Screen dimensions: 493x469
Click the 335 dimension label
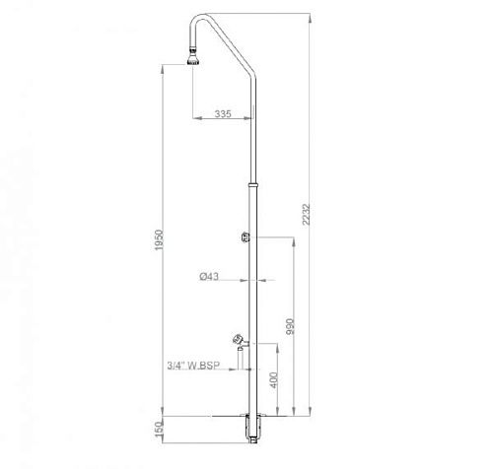pos(223,113)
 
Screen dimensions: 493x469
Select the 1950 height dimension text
pos(159,239)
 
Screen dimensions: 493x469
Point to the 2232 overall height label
pos(307,215)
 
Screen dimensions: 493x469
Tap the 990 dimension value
pos(291,326)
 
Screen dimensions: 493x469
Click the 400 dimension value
pos(274,380)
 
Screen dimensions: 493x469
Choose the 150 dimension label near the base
pos(159,429)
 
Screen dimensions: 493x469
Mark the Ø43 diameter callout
pos(209,276)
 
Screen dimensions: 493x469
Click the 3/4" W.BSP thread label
pos(193,366)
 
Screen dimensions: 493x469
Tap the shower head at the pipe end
pos(193,61)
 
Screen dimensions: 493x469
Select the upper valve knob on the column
pos(245,236)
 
